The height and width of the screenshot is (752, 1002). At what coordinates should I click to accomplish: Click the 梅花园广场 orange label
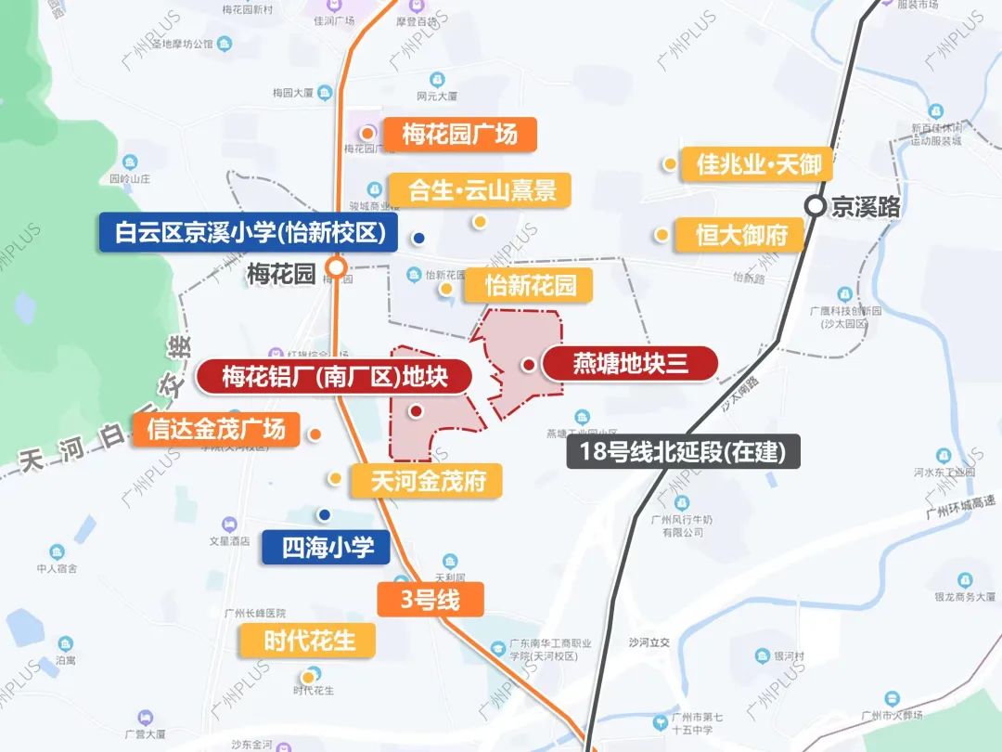(x=459, y=135)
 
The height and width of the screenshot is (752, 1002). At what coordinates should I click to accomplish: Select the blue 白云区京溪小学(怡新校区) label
(x=250, y=233)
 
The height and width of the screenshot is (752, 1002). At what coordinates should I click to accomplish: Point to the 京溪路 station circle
(x=815, y=207)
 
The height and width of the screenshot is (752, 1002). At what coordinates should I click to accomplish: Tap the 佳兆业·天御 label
(x=757, y=165)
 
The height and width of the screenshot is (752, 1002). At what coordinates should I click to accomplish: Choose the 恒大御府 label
(x=741, y=235)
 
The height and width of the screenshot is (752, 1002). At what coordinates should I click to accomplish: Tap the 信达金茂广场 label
(x=216, y=430)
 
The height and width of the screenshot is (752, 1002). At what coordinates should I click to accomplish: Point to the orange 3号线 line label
(x=430, y=600)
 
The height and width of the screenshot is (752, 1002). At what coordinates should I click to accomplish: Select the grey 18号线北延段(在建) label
(x=681, y=453)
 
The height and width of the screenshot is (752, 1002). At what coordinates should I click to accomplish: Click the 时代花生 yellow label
(x=308, y=641)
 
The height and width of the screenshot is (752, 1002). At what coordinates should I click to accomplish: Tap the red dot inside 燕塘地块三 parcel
(x=527, y=365)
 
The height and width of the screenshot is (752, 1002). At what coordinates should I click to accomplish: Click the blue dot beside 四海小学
(x=324, y=514)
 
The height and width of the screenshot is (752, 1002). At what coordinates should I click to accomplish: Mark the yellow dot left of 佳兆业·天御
(x=669, y=164)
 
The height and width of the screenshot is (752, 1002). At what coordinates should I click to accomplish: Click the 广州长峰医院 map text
(x=255, y=614)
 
